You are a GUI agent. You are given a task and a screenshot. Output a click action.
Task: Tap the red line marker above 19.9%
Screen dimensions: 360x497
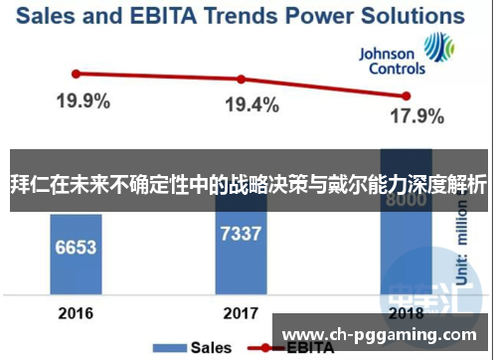pos(76,73)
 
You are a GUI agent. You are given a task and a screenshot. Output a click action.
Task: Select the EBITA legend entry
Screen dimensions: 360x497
pos(298,347)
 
